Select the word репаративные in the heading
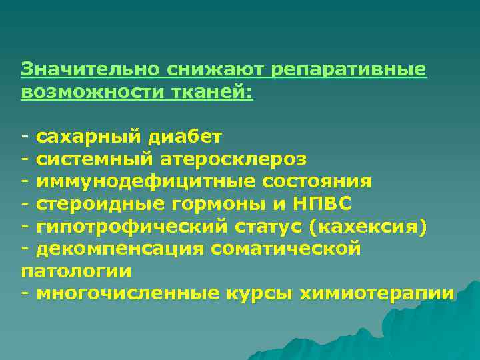point(341,69)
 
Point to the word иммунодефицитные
point(146,182)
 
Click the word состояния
point(317,182)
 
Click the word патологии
point(77,271)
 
